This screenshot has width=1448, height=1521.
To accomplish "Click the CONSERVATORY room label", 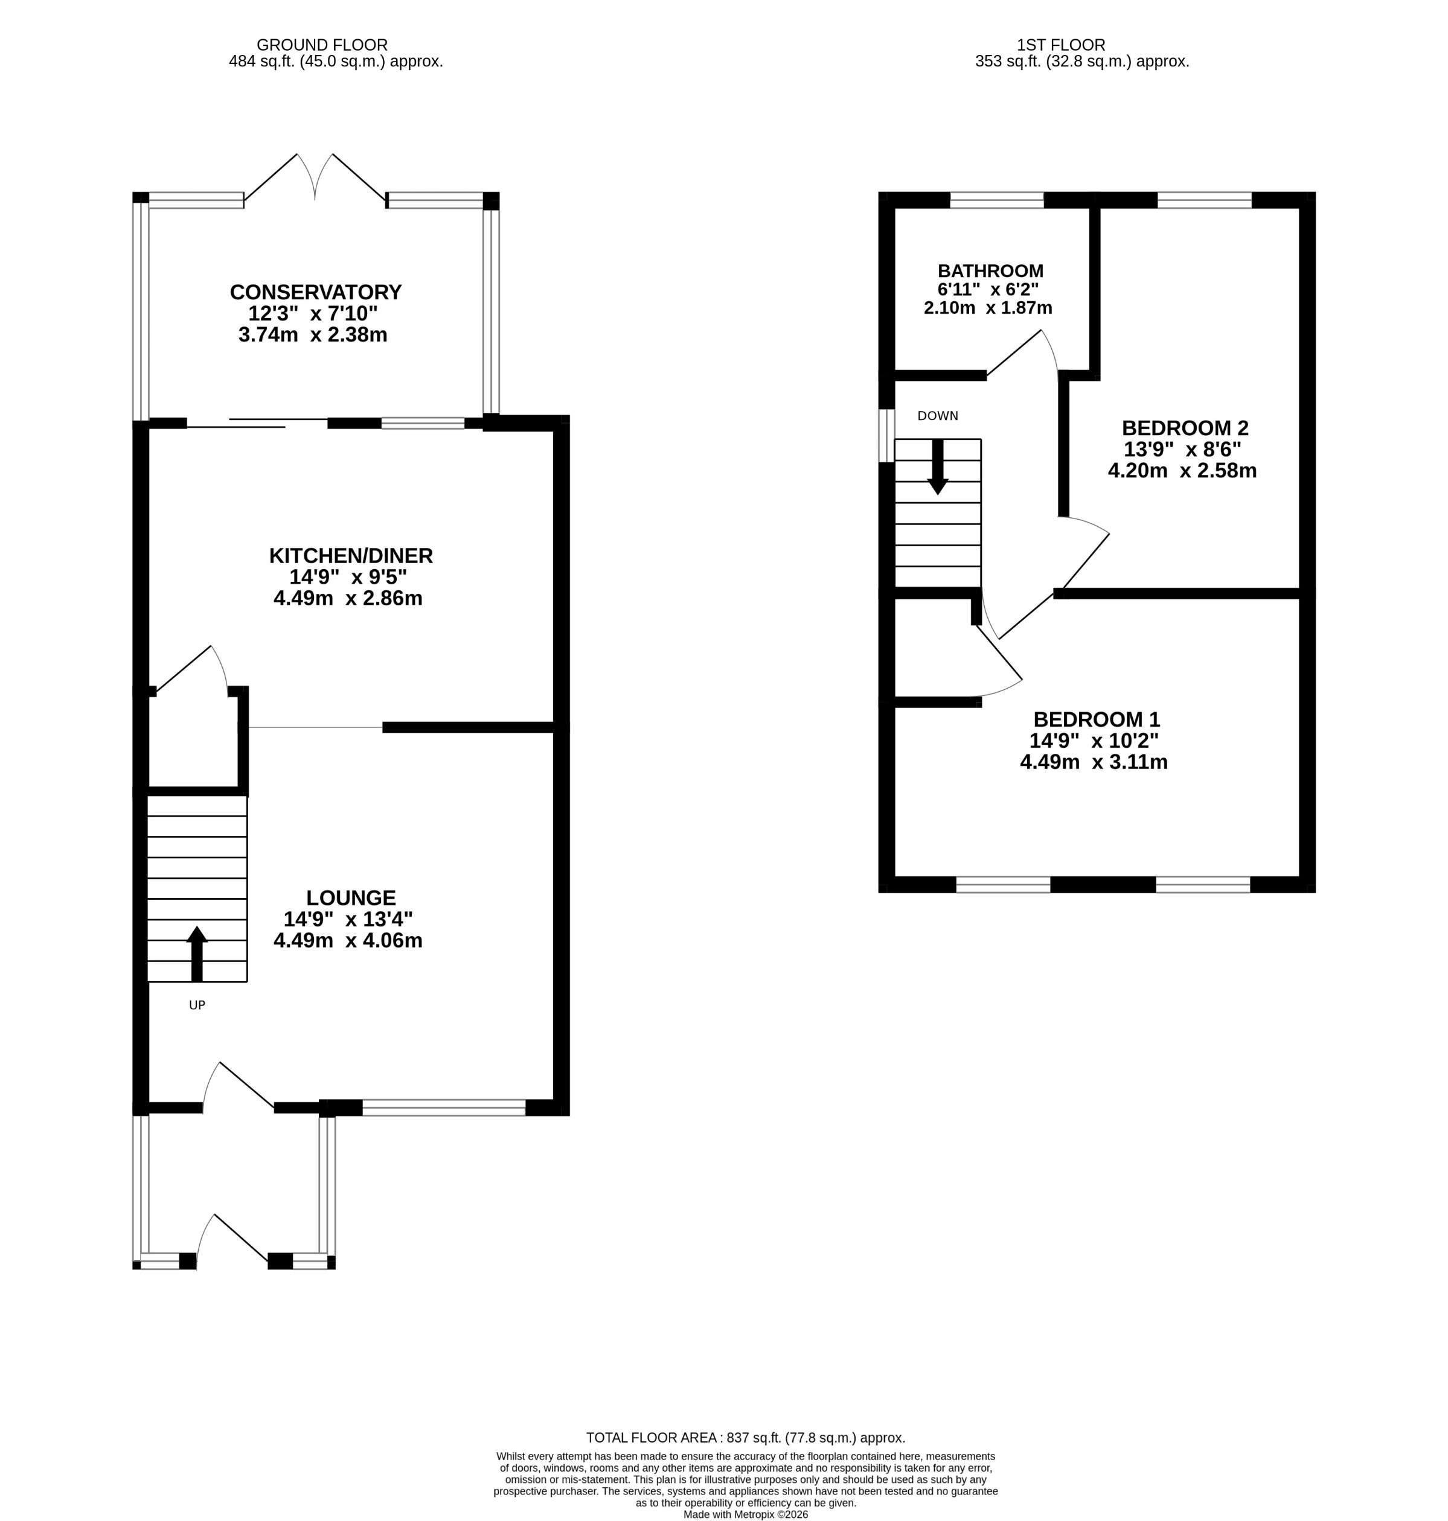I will click(x=316, y=293).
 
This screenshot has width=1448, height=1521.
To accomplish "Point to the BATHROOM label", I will click(x=990, y=271).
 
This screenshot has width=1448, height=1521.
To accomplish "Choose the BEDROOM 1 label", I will click(x=1095, y=719).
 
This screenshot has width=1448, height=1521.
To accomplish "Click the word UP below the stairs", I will click(x=197, y=1006).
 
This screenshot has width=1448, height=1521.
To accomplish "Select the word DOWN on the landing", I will click(x=937, y=416).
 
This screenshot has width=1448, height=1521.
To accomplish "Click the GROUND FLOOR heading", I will click(x=321, y=45).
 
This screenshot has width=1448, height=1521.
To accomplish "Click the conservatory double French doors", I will click(x=315, y=179).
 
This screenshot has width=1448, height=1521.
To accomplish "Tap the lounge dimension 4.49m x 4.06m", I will click(x=347, y=941).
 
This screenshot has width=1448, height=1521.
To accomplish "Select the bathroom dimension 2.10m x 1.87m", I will click(x=987, y=308).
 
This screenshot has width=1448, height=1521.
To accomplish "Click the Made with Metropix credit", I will click(x=745, y=1514).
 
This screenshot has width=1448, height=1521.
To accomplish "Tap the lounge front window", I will click(x=444, y=1108).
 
